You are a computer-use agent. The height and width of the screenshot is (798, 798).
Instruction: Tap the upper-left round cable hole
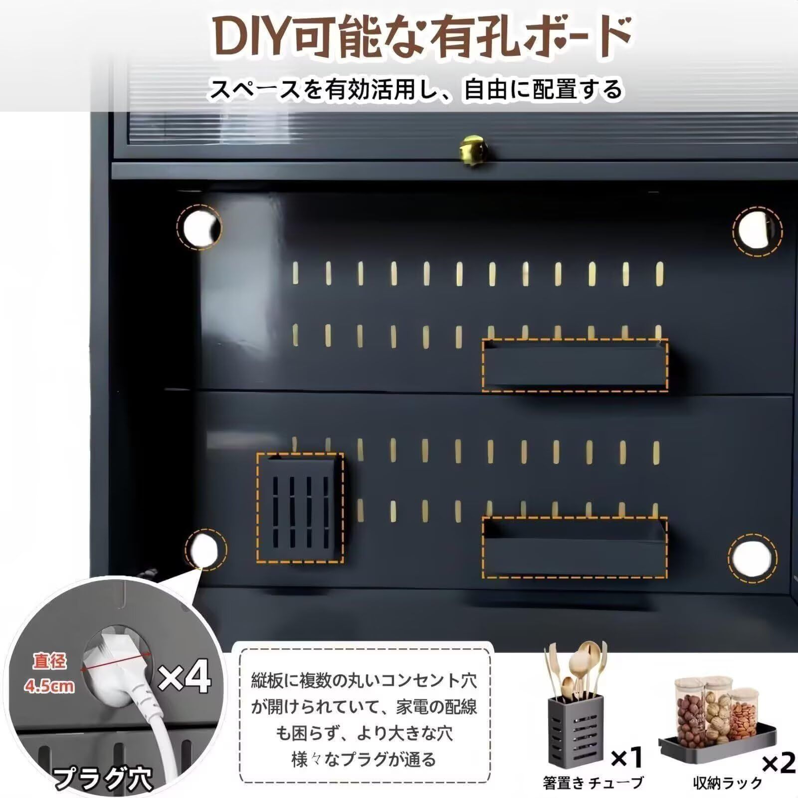pos(199,227)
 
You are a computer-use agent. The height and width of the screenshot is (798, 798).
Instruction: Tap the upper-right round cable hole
pos(757,228)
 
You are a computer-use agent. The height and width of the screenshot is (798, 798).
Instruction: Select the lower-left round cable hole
pos(205,550)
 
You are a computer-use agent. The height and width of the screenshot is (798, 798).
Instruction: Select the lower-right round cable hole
pos(752,557)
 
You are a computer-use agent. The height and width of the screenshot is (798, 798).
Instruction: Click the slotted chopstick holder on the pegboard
pos(300,508)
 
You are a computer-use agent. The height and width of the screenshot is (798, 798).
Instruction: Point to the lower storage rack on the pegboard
pos(575,547)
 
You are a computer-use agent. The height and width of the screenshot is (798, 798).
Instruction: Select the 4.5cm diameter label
pos(49,686)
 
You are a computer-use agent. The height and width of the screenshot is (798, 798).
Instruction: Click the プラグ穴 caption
pos(103,779)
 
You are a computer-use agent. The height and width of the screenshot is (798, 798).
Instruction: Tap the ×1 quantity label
pos(626,759)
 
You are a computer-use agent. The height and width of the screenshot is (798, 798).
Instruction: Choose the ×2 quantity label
pos(779,764)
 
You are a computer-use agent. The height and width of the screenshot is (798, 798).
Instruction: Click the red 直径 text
pos(49,662)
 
